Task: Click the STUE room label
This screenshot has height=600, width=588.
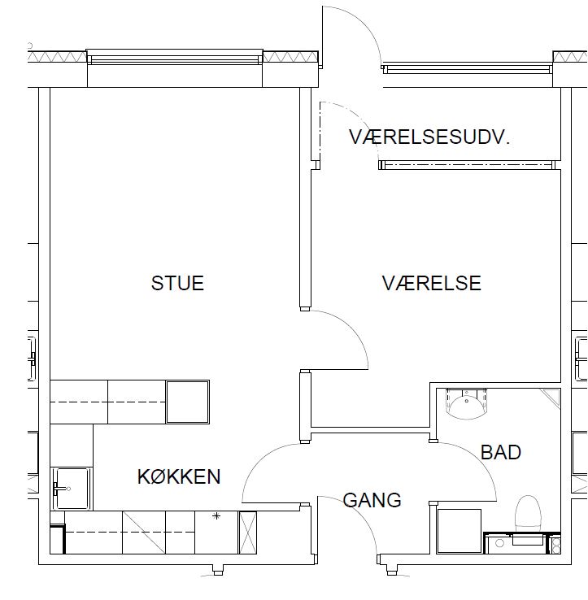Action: [177, 283]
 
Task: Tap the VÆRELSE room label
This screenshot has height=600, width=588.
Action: [431, 283]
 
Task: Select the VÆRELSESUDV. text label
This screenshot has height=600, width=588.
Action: [429, 137]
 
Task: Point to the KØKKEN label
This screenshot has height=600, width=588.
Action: [179, 476]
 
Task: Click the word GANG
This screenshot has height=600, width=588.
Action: [372, 500]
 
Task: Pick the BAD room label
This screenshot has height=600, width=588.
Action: [501, 452]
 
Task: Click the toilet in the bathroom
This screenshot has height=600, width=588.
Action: [528, 514]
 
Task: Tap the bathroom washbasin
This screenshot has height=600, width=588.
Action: [467, 404]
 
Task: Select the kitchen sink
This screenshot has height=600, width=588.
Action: [72, 489]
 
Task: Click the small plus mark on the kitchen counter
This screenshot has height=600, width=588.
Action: [216, 516]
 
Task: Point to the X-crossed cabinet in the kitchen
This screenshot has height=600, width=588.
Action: [248, 533]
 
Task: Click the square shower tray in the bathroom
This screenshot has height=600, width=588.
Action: [460, 531]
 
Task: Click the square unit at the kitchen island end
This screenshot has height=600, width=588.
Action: [188, 402]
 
